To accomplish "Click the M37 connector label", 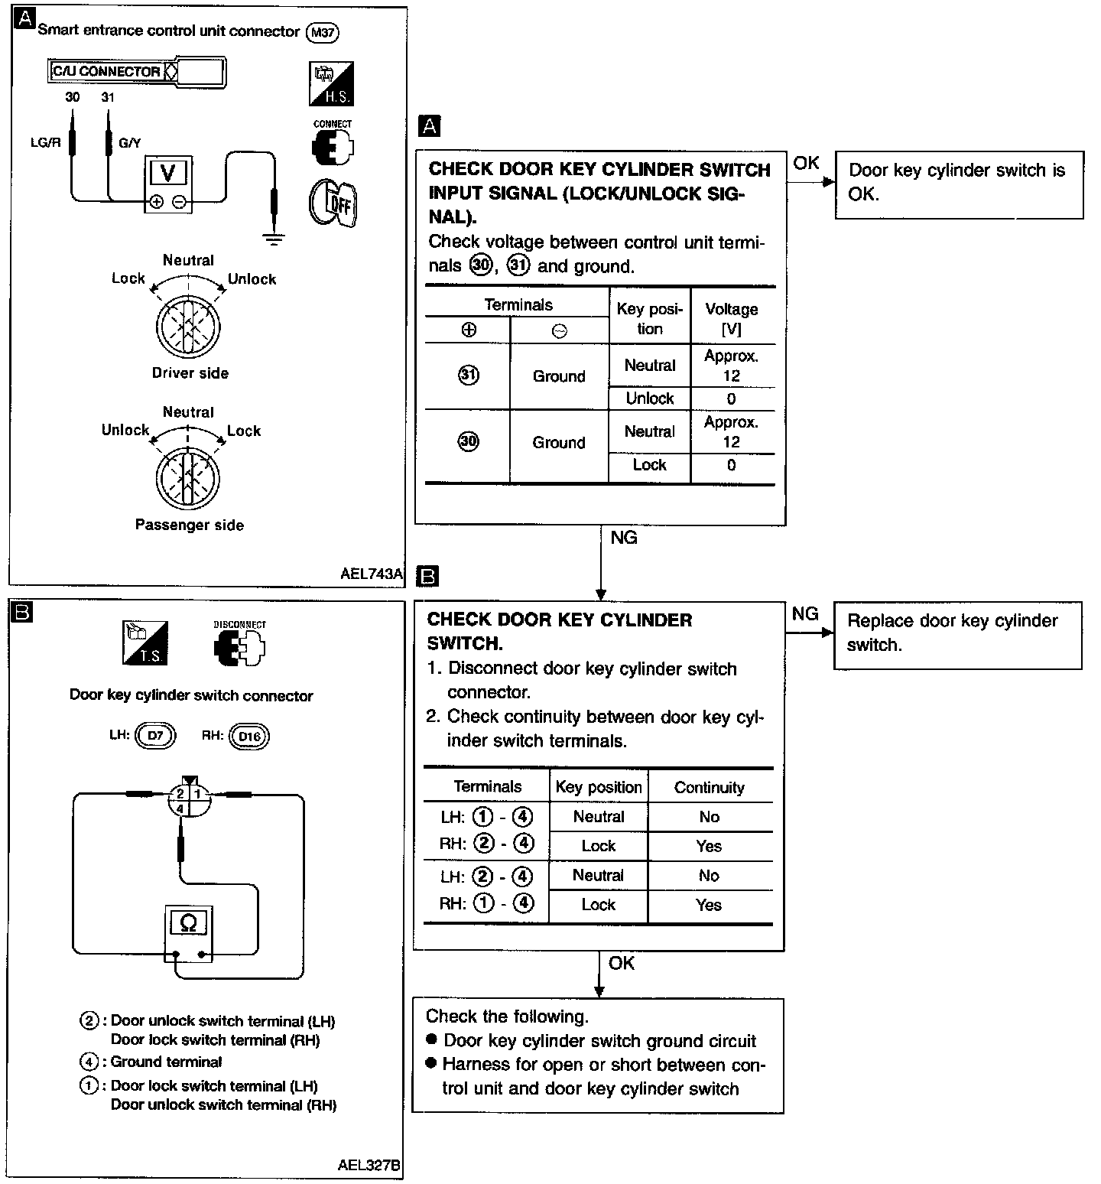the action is click(x=322, y=32).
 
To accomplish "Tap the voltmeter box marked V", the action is click(x=168, y=184).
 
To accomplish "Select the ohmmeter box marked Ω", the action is click(x=189, y=932).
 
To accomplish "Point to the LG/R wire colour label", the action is click(x=45, y=142).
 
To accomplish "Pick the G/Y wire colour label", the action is click(x=130, y=142).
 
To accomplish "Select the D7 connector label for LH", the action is click(x=155, y=737).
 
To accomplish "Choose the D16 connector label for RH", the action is click(x=249, y=737).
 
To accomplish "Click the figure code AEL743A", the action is click(x=372, y=574).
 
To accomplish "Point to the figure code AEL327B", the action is click(x=369, y=1166).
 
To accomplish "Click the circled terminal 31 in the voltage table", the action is click(x=469, y=375).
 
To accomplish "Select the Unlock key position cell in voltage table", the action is click(x=650, y=398).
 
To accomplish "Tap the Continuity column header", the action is click(x=710, y=788).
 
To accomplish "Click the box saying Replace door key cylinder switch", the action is click(x=957, y=636).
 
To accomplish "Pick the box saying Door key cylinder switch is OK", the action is click(x=959, y=185).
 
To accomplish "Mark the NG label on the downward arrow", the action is click(x=624, y=538).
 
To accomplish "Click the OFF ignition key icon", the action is click(x=333, y=203).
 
